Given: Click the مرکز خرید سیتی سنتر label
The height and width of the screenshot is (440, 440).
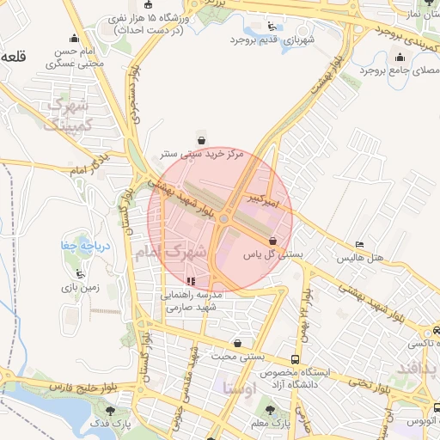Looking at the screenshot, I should tap(202, 154).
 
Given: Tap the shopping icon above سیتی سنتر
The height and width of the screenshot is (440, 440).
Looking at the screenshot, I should tap(201, 140).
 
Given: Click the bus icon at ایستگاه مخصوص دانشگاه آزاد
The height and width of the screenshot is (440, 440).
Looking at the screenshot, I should tap(296, 359).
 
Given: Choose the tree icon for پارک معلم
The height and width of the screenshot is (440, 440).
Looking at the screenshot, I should tap(272, 410).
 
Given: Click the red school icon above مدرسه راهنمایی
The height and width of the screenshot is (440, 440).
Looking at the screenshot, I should tap(191, 281).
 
